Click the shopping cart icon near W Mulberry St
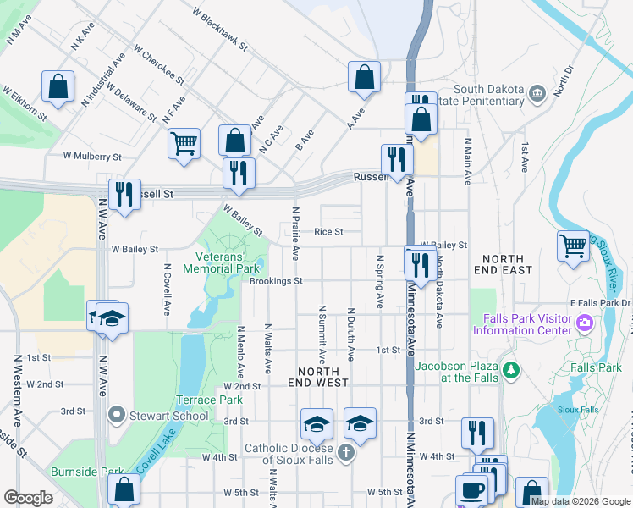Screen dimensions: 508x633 184,143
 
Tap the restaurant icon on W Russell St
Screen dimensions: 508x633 124,195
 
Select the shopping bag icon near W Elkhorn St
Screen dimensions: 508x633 58,86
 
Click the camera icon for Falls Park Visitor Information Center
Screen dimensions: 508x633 585,323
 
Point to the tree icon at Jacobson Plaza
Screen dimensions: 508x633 510,369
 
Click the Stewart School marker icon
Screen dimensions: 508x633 116,415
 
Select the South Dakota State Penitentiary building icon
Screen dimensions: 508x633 536,92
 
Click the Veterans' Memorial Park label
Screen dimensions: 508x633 225,262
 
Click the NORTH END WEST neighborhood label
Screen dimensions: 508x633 319,378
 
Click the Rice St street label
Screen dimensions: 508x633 328,231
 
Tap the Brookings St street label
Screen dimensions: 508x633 276,281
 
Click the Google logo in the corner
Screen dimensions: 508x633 28,498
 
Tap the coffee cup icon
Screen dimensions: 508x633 471,489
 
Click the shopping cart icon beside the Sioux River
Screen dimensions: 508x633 573,246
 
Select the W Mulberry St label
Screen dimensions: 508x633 92,157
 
